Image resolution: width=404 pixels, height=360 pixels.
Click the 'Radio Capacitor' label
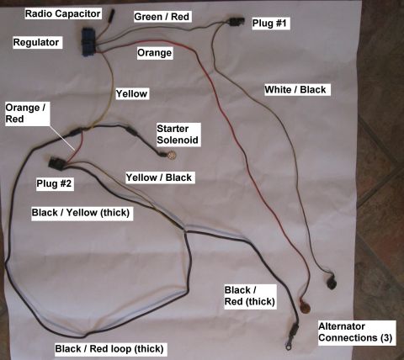63,13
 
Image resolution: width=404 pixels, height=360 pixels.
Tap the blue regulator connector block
88,42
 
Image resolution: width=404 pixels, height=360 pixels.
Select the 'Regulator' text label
36,42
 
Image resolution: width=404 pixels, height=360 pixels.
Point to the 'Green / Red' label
162,17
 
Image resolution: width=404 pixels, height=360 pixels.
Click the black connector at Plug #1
236,22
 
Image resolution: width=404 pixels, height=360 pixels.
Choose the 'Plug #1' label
269,23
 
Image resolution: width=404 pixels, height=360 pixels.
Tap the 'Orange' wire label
155,53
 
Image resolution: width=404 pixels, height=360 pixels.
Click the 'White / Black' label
295,90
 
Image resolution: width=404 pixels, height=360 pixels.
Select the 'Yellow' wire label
131,93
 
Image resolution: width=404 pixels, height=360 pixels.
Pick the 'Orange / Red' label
25,114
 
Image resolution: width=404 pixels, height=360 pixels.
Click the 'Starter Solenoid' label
178,135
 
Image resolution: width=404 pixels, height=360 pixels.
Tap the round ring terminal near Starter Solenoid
172,155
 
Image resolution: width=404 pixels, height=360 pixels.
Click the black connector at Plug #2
57,163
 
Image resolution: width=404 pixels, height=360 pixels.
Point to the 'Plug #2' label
54,183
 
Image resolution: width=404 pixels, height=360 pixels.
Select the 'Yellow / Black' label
159,177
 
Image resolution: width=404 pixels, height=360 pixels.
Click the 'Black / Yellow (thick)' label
81,213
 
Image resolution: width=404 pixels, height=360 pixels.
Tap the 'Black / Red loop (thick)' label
109,349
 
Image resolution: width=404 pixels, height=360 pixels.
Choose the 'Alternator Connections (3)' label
355,332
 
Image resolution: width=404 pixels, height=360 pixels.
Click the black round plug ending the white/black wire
331,282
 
